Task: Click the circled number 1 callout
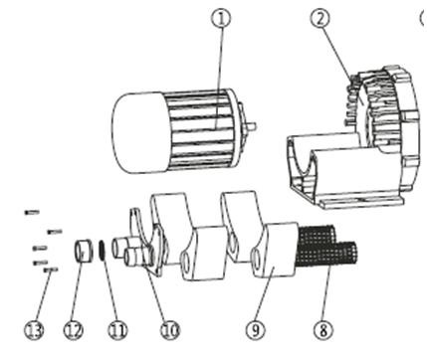[x=221, y=18]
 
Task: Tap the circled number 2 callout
[x=320, y=18]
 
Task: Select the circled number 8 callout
[x=323, y=330]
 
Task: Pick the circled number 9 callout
[x=256, y=330]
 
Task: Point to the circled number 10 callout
[x=170, y=330]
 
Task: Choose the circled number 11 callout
[x=117, y=330]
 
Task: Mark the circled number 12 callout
[x=74, y=330]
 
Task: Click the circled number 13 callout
[x=34, y=330]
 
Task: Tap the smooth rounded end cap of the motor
[x=139, y=132]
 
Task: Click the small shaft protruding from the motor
[x=251, y=126]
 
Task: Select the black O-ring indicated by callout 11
[x=103, y=251]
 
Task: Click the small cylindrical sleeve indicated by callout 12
[x=83, y=251]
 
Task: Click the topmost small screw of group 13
[x=32, y=212]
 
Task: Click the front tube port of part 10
[x=132, y=258]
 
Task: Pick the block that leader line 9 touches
[x=276, y=251]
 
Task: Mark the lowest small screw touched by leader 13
[x=51, y=270]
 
